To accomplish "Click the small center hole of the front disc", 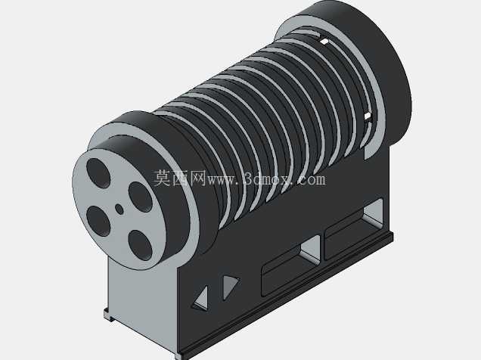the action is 119,209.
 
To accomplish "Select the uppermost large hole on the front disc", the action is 98,173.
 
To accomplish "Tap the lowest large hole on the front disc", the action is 140,245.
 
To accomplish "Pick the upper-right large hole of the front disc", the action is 140,197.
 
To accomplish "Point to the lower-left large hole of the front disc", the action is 98,221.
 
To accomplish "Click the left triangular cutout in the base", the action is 201,297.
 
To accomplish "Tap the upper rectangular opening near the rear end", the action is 354,228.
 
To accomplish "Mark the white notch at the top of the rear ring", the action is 324,41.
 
